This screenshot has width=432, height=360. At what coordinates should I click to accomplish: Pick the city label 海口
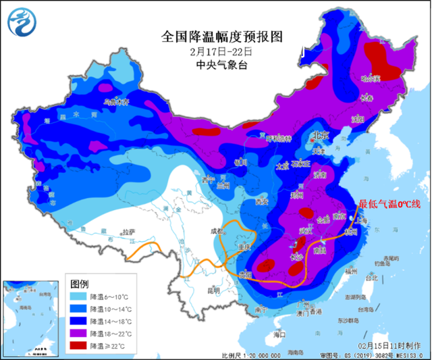click(x=279, y=334)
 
